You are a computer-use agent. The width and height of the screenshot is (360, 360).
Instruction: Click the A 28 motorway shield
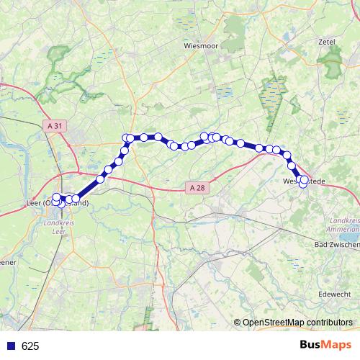point(198,188)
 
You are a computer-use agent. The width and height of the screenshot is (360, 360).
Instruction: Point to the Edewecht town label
point(333,293)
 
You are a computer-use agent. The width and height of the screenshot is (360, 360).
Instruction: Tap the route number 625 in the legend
point(30,346)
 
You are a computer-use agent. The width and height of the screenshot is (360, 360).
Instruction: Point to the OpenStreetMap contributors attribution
point(297,323)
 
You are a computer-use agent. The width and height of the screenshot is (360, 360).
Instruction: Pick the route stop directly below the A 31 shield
point(57,197)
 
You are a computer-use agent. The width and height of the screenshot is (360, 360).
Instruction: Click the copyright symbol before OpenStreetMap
point(238,323)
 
